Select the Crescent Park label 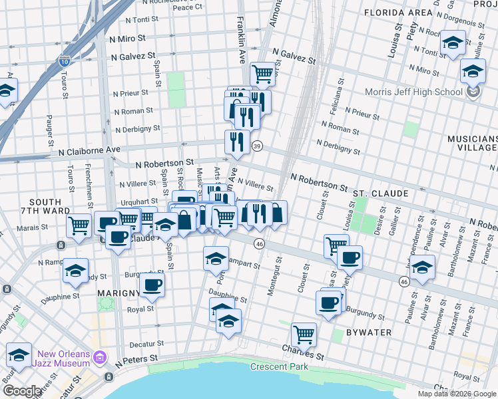pyautogui.click(x=280, y=366)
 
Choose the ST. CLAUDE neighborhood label pyautogui.click(x=380, y=193)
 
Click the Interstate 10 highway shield pyautogui.click(x=65, y=61)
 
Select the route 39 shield pyautogui.click(x=257, y=146)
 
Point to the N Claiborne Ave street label pyautogui.click(x=89, y=151)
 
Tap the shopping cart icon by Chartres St pyautogui.click(x=304, y=334)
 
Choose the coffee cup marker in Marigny pyautogui.click(x=152, y=285)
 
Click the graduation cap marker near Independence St pyautogui.click(x=422, y=268)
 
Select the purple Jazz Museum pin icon pyautogui.click(x=100, y=358)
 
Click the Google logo pyautogui.click(x=22, y=391)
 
